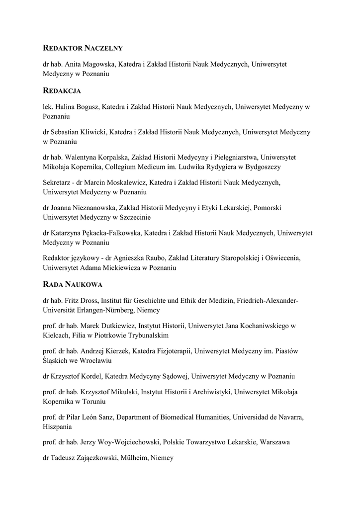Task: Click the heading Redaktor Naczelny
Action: [x=83, y=48]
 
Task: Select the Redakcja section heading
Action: [x=62, y=91]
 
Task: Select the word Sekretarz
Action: [x=58, y=183]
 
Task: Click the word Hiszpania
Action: [x=58, y=426]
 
